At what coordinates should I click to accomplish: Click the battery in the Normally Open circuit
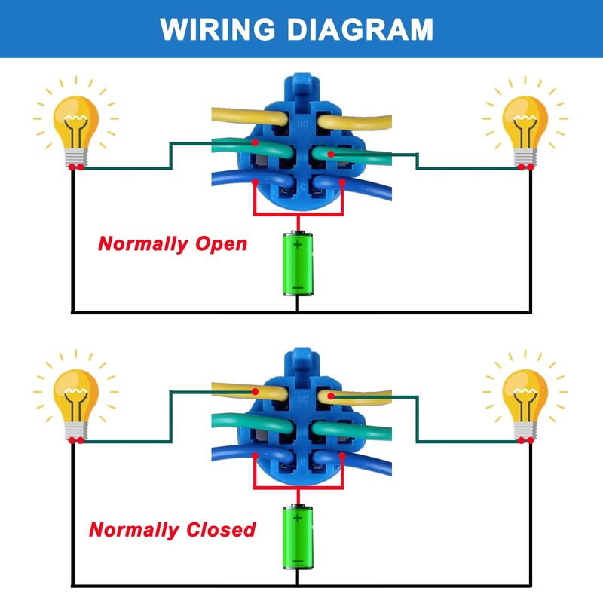pyautogui.click(x=298, y=264)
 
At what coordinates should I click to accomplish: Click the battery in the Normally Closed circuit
pyautogui.click(x=298, y=537)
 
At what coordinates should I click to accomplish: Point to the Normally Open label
pyautogui.click(x=173, y=244)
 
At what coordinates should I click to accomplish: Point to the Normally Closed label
pyautogui.click(x=173, y=530)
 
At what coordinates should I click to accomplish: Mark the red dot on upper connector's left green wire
pyautogui.click(x=256, y=142)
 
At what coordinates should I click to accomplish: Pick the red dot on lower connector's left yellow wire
pyautogui.click(x=256, y=391)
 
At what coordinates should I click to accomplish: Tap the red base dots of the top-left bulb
pyautogui.click(x=75, y=167)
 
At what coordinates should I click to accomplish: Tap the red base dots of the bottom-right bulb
pyautogui.click(x=526, y=440)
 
